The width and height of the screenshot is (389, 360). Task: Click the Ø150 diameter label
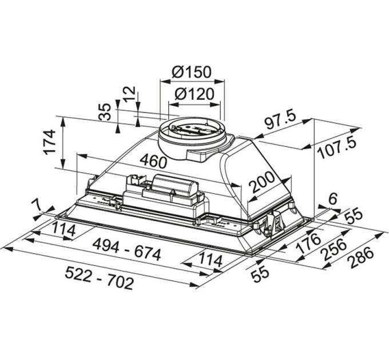pyautogui.click(x=192, y=71)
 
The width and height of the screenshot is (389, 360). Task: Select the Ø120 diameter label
pyautogui.click(x=194, y=94)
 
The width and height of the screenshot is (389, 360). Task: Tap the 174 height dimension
pyautogui.click(x=49, y=142)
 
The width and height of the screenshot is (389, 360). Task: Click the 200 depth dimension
pyautogui.click(x=262, y=182)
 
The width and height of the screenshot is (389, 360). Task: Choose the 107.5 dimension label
pyautogui.click(x=338, y=148)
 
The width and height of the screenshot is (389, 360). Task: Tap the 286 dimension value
pyautogui.click(x=360, y=258)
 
